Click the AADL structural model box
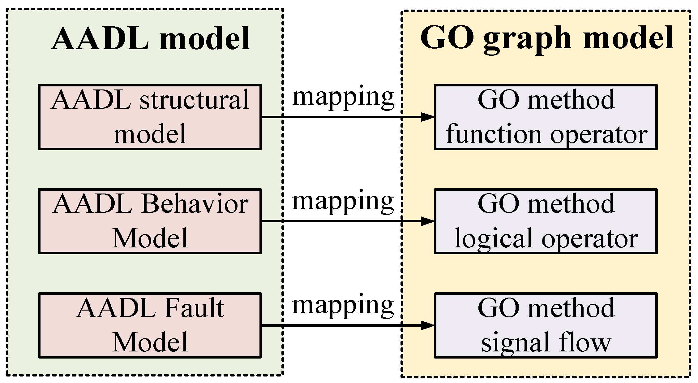point(150,117)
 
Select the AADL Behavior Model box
point(150,221)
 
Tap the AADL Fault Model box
point(150,325)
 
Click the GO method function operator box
point(546,117)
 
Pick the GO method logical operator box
point(546,221)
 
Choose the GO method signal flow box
point(546,325)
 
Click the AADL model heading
point(151,39)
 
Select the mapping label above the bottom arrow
point(343,305)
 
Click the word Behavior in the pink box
point(195,205)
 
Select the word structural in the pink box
point(194,100)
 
